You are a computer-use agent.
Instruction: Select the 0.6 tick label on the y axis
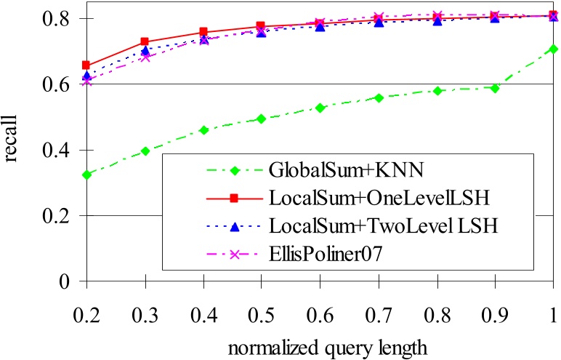click(57, 84)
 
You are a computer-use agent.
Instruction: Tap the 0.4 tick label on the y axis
click(57, 151)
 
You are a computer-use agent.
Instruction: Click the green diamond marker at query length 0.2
click(87, 175)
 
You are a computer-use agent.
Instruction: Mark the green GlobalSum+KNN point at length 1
click(554, 49)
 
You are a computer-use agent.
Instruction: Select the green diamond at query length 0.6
click(320, 108)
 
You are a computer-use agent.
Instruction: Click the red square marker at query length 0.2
click(87, 65)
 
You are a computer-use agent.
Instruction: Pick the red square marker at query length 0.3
click(145, 42)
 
